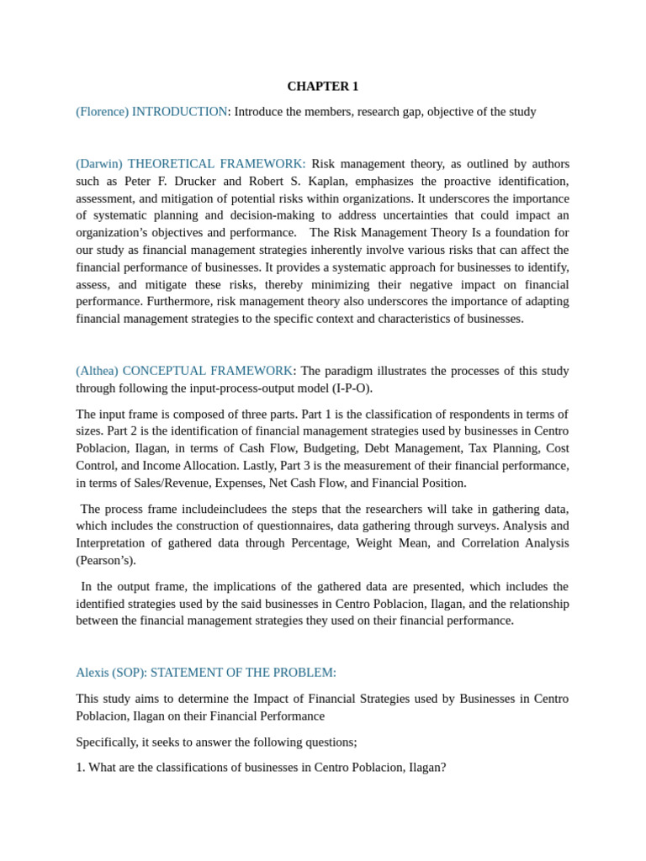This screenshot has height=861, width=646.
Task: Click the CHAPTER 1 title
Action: tap(322, 86)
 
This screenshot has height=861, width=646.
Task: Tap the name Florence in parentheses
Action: tap(102, 112)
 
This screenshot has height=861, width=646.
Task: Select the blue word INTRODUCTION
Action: tap(179, 112)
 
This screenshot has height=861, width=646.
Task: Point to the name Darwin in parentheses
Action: tap(99, 164)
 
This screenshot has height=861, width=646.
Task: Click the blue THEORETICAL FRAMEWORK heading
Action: tap(216, 164)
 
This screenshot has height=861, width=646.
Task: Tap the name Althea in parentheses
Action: tap(97, 371)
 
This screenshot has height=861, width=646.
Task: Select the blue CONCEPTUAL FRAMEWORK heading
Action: tap(208, 371)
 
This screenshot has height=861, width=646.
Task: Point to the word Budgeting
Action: tap(330, 448)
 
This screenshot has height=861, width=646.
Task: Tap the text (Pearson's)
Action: tap(106, 560)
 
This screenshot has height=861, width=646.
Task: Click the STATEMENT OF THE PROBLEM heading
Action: tap(243, 673)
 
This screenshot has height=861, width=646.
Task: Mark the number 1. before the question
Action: tap(80, 768)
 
